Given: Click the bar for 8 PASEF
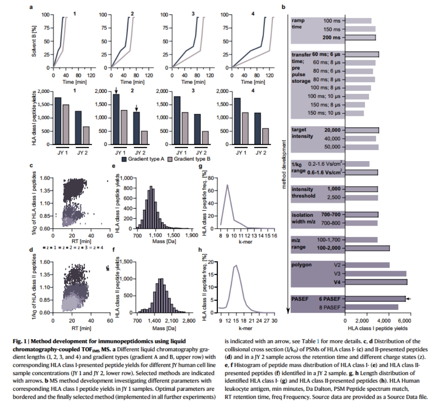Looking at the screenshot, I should coord(372,307).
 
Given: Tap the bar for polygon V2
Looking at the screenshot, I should coord(367,265).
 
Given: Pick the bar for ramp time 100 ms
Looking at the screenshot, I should coord(358,21).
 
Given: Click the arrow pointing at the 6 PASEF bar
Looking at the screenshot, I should coord(409,299).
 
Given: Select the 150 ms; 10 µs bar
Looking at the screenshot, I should coord(355,113).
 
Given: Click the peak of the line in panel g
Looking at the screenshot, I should coord(227,185).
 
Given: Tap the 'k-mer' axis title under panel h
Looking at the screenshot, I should coord(247,328).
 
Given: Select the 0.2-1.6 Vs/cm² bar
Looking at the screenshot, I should coord(357,164).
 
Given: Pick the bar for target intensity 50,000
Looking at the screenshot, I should coord(362,147).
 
